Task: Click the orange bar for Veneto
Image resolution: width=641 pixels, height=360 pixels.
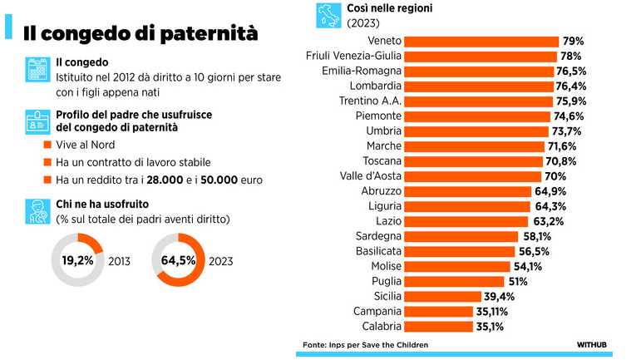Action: tap(482, 41)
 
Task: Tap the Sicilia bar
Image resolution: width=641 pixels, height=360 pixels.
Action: tap(448, 296)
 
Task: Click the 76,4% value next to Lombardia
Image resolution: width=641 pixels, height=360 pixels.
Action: tap(572, 86)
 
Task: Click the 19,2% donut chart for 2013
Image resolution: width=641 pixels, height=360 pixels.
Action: tap(76, 260)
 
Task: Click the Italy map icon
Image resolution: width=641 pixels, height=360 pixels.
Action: tap(326, 14)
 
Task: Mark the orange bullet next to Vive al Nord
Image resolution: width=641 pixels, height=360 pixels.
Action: tap(47, 144)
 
